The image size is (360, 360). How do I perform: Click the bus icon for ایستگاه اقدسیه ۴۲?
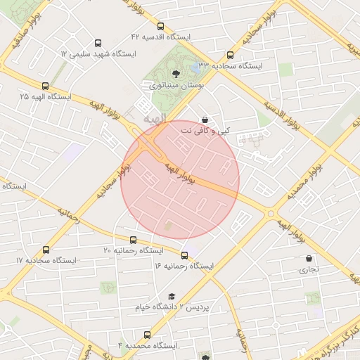(x=160, y=26)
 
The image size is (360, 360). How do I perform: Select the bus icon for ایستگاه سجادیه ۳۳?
(x=230, y=55)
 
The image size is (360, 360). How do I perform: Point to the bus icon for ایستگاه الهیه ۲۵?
(x=45, y=85)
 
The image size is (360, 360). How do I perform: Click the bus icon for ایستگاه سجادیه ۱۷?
(x=46, y=250)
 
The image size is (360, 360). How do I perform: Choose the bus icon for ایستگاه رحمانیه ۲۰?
(x=134, y=240)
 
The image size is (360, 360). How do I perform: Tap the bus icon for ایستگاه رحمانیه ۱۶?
(x=185, y=255)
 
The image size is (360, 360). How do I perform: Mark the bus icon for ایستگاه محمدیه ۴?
(x=147, y=335)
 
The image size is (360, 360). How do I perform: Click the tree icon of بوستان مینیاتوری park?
(x=176, y=73)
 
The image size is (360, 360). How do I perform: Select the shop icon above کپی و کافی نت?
(x=205, y=120)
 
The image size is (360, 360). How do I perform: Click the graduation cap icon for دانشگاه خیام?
(x=172, y=297)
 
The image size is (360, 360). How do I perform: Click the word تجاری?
(x=309, y=269)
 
